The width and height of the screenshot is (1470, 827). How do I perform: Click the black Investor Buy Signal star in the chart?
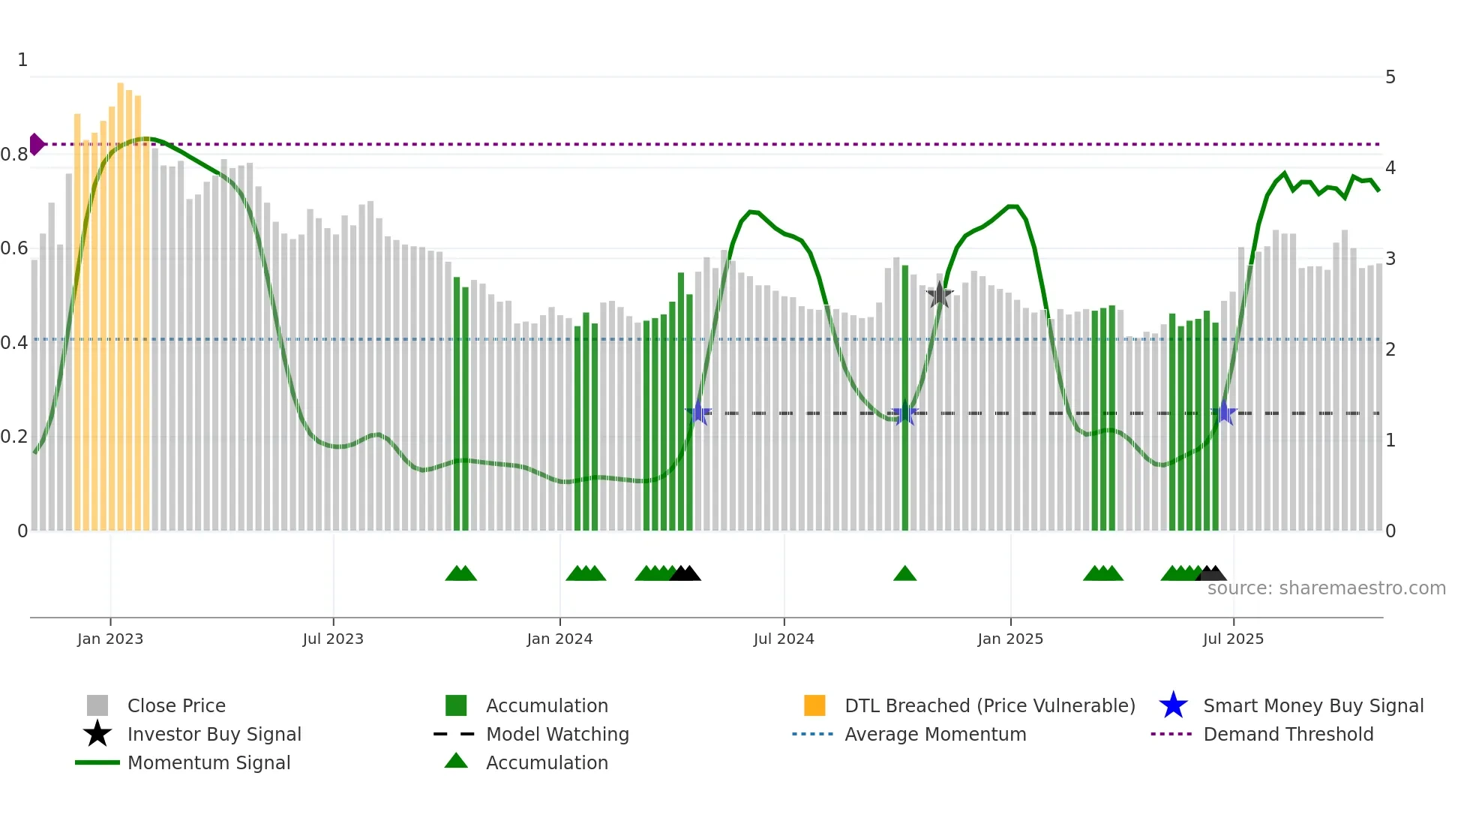point(939,296)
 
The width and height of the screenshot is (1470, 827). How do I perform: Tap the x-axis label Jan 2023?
point(110,639)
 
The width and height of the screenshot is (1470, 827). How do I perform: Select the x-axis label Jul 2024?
point(784,639)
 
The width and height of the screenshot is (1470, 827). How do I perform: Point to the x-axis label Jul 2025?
point(1233,639)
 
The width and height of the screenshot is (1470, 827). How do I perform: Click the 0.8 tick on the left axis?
point(14,155)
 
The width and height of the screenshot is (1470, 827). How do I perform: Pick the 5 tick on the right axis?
point(1390,77)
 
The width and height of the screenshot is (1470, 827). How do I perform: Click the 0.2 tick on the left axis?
point(14,437)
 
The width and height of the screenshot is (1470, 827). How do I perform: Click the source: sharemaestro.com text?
point(1326,588)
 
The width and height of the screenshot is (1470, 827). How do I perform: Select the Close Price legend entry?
point(175,705)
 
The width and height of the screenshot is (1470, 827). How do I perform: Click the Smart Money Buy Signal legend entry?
point(1312,705)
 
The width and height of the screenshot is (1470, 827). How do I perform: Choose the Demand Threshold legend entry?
point(1288,734)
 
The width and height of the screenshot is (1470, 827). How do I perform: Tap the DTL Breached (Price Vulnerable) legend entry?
point(989,705)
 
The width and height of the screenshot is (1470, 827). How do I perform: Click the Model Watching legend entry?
point(557,734)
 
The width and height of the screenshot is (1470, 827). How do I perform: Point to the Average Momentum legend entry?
point(934,734)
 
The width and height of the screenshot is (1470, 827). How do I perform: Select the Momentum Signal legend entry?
point(208,762)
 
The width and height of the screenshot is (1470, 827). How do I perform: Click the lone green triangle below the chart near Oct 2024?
point(905,574)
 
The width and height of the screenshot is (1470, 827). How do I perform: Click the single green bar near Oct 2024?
point(905,398)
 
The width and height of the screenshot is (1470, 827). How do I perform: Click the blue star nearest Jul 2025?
point(1224,413)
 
